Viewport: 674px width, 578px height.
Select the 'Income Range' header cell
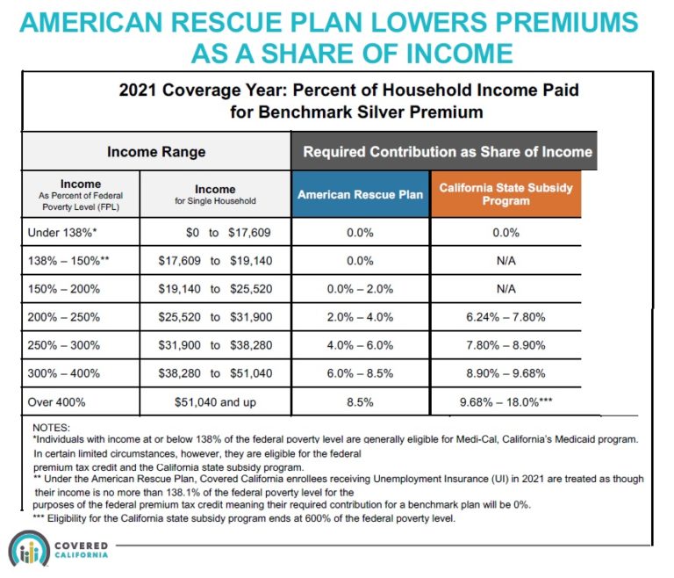tap(155, 151)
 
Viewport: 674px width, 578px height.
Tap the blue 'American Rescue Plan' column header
tap(360, 194)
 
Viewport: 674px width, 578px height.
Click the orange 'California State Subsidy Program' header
tap(505, 194)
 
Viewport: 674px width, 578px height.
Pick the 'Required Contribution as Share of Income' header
tap(447, 151)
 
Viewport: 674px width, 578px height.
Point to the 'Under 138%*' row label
tap(63, 233)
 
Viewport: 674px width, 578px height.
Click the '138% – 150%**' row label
tap(68, 260)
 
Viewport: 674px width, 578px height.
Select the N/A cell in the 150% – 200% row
tap(505, 287)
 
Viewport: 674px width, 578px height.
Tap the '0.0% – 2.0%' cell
tap(360, 287)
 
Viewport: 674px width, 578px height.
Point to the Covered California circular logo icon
tap(29, 550)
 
